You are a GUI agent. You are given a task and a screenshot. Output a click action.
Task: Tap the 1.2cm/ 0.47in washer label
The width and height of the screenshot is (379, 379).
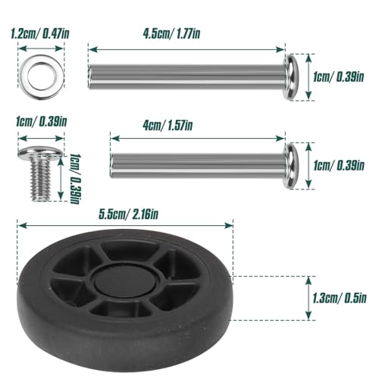point(39,33)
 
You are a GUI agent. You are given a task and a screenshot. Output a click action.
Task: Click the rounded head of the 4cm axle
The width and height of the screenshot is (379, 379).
point(293,164)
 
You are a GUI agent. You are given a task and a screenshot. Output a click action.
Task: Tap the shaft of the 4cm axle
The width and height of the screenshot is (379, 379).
point(197,164)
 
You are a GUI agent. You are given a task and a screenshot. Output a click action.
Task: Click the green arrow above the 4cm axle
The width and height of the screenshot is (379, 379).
point(197,138)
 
